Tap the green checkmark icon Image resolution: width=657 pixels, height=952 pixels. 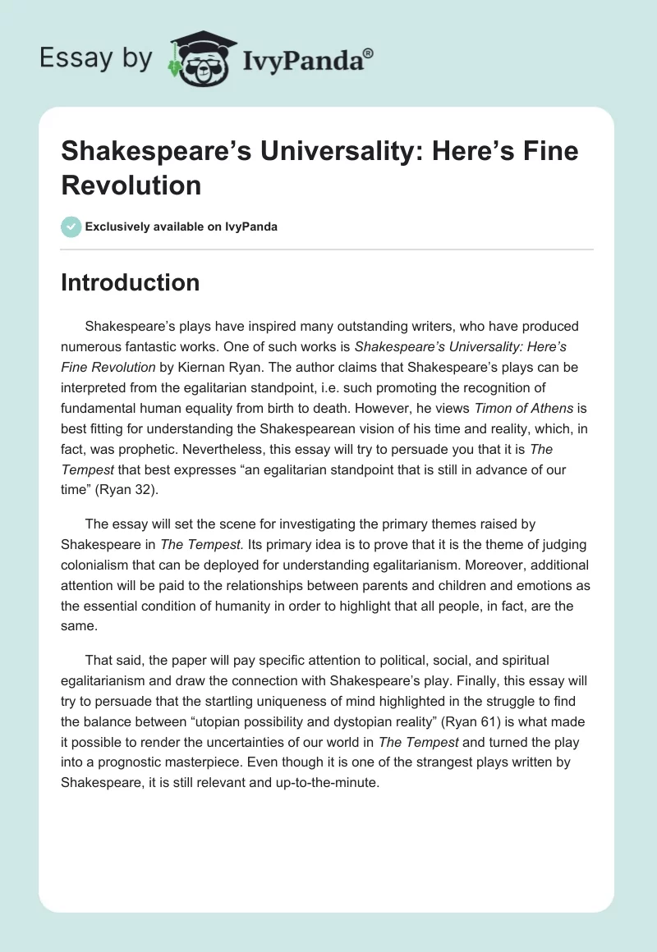(x=71, y=227)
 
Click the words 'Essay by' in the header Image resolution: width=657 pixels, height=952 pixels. (x=96, y=58)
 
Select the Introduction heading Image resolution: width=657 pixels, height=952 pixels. (x=131, y=282)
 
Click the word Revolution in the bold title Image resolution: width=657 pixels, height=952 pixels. (x=131, y=185)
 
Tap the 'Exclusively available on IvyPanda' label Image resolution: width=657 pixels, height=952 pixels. (x=181, y=227)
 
